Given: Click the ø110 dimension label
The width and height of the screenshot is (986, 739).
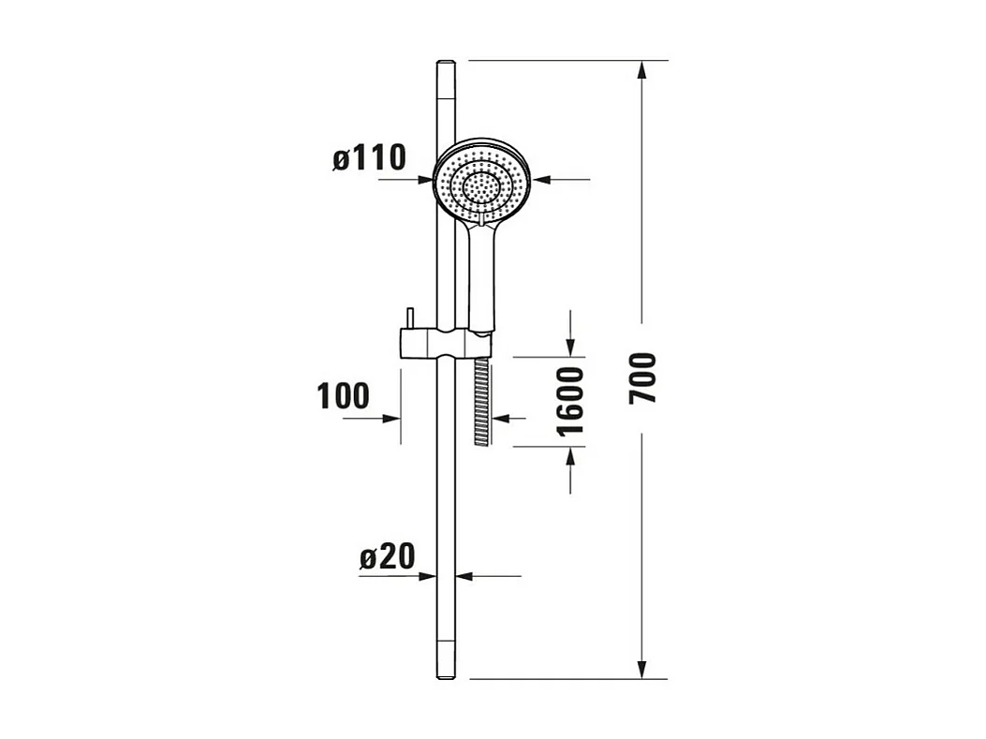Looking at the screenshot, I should [369, 157].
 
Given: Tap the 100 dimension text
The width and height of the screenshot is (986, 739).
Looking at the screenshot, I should [343, 396].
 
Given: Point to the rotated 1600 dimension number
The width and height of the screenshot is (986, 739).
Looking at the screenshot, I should [570, 401].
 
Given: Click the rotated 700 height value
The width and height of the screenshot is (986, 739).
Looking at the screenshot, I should [642, 378].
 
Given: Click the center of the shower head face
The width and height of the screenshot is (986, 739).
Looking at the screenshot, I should [481, 185].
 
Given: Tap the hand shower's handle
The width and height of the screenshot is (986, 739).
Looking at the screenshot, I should [480, 276].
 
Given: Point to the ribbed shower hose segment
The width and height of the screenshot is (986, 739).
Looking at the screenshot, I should [482, 403].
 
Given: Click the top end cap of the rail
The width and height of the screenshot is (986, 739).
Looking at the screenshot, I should [446, 65].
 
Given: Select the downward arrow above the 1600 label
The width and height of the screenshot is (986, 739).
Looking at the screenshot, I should [571, 347].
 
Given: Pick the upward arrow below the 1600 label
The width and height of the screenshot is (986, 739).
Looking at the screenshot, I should [571, 456].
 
